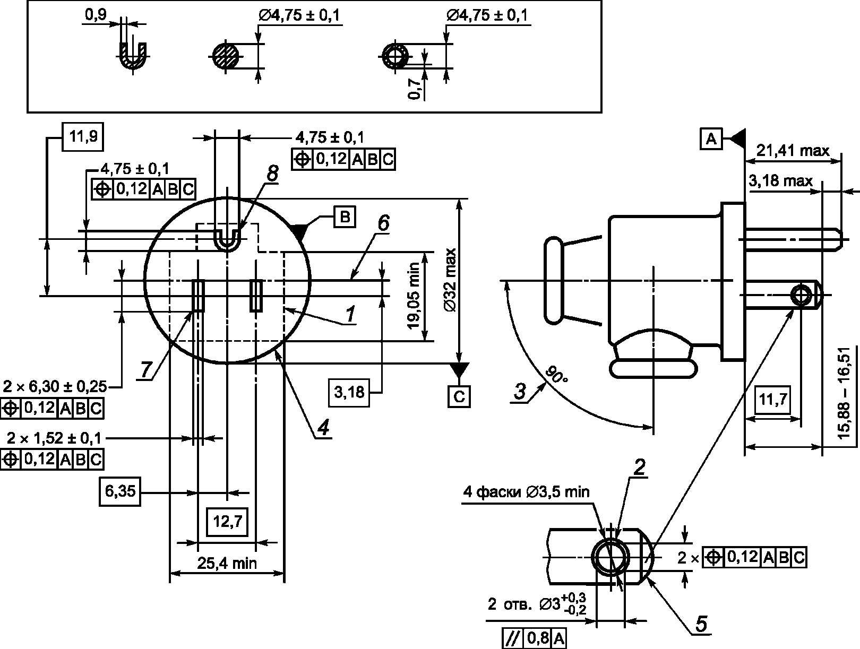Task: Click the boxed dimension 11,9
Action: click(83, 137)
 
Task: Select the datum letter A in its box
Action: click(711, 139)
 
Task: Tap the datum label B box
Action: click(345, 217)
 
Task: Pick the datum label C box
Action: click(459, 397)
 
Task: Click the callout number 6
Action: click(384, 223)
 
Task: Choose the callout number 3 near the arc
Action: click(520, 391)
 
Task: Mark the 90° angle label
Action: click(556, 375)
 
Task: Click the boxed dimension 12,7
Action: click(227, 522)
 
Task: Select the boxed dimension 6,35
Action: click(120, 491)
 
